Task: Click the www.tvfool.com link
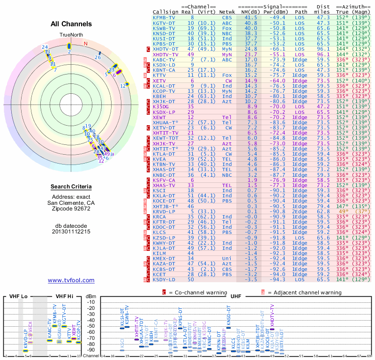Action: click(71, 280)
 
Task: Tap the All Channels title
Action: click(71, 24)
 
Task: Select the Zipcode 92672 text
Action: click(71, 209)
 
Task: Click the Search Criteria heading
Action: click(71, 187)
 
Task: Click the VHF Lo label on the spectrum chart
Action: click(16, 296)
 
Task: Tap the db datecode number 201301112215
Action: click(71, 232)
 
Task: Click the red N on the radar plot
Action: click(85, 44)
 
